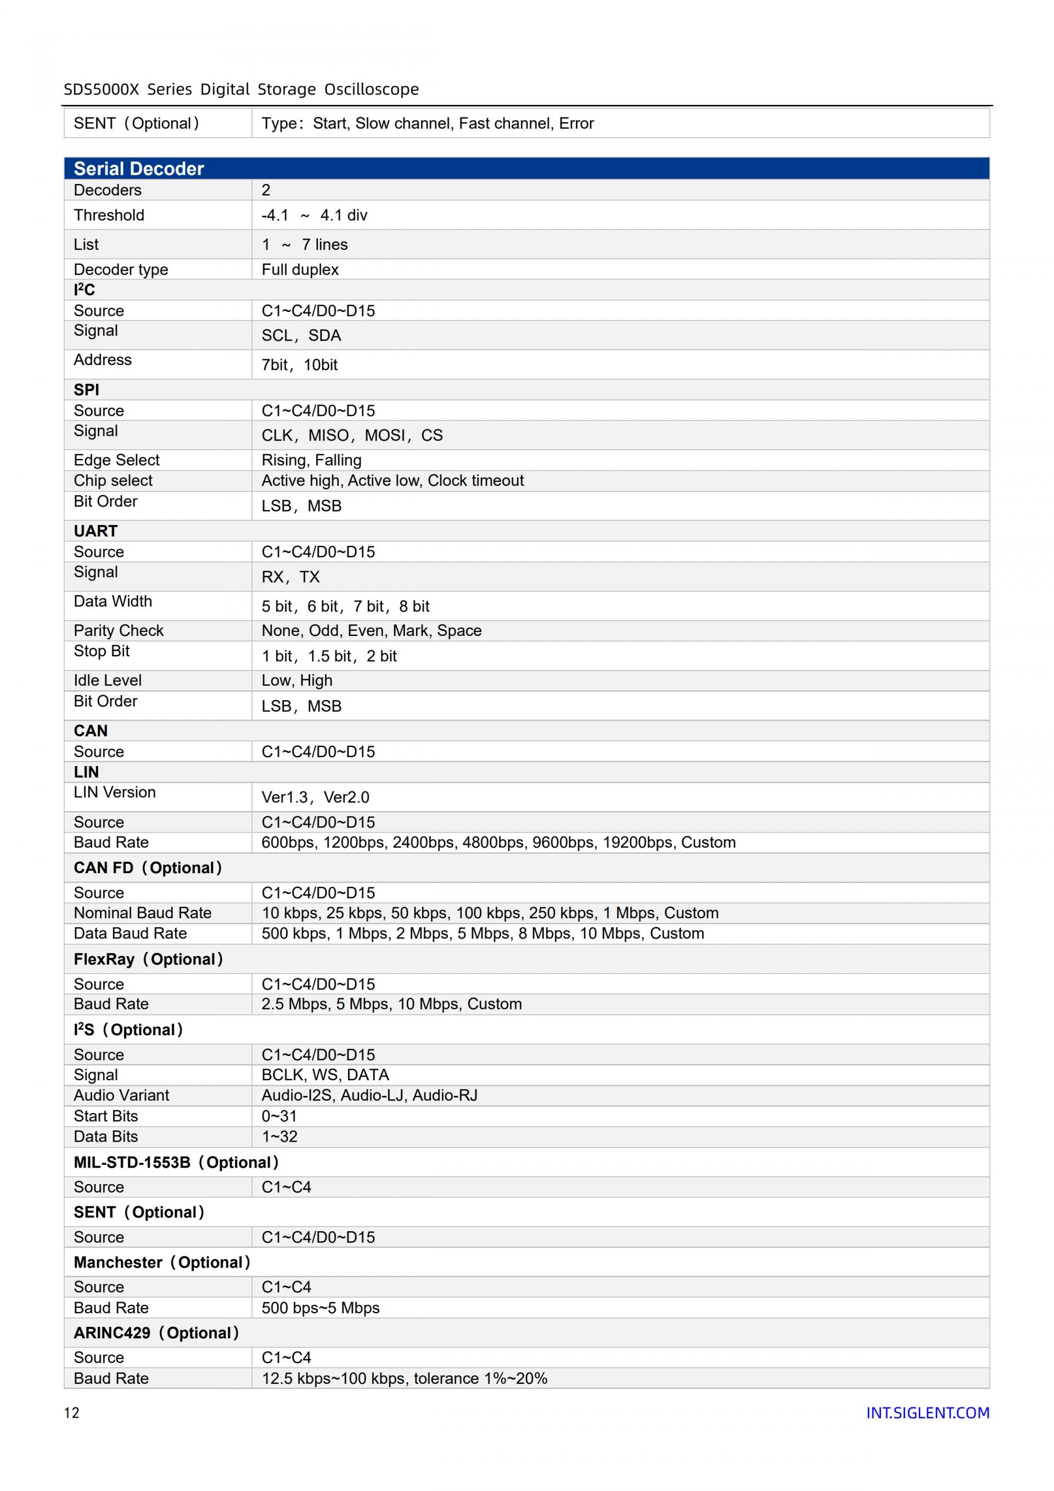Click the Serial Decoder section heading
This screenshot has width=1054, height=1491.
pyautogui.click(x=139, y=169)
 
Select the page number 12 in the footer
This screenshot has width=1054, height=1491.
pyautogui.click(x=71, y=1412)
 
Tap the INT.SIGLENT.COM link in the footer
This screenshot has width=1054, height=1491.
pyautogui.click(x=927, y=1412)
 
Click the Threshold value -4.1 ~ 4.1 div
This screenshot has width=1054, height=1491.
pyautogui.click(x=314, y=216)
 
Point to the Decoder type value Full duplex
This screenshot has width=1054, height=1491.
pyautogui.click(x=300, y=270)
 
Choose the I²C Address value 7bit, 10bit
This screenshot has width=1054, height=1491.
pyautogui.click(x=299, y=365)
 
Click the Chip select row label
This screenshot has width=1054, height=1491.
pyautogui.click(x=113, y=481)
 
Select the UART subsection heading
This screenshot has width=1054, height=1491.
pyautogui.click(x=96, y=531)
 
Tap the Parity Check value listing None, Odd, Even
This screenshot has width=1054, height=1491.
pyautogui.click(x=371, y=630)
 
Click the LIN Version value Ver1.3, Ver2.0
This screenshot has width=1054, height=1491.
pyautogui.click(x=316, y=797)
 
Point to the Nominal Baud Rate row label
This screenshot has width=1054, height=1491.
pyautogui.click(x=142, y=913)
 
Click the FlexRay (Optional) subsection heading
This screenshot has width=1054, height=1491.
pyautogui.click(x=148, y=959)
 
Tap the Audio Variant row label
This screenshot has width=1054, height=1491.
pyautogui.click(x=121, y=1096)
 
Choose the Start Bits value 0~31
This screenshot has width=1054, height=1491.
pyautogui.click(x=279, y=1116)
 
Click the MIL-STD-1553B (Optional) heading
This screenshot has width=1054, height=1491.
pyautogui.click(x=176, y=1163)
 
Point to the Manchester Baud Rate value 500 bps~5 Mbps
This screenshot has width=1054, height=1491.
pyautogui.click(x=321, y=1308)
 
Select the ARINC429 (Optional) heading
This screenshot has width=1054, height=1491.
pyautogui.click(x=156, y=1333)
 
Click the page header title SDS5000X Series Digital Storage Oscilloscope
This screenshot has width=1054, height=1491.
pyautogui.click(x=242, y=90)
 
